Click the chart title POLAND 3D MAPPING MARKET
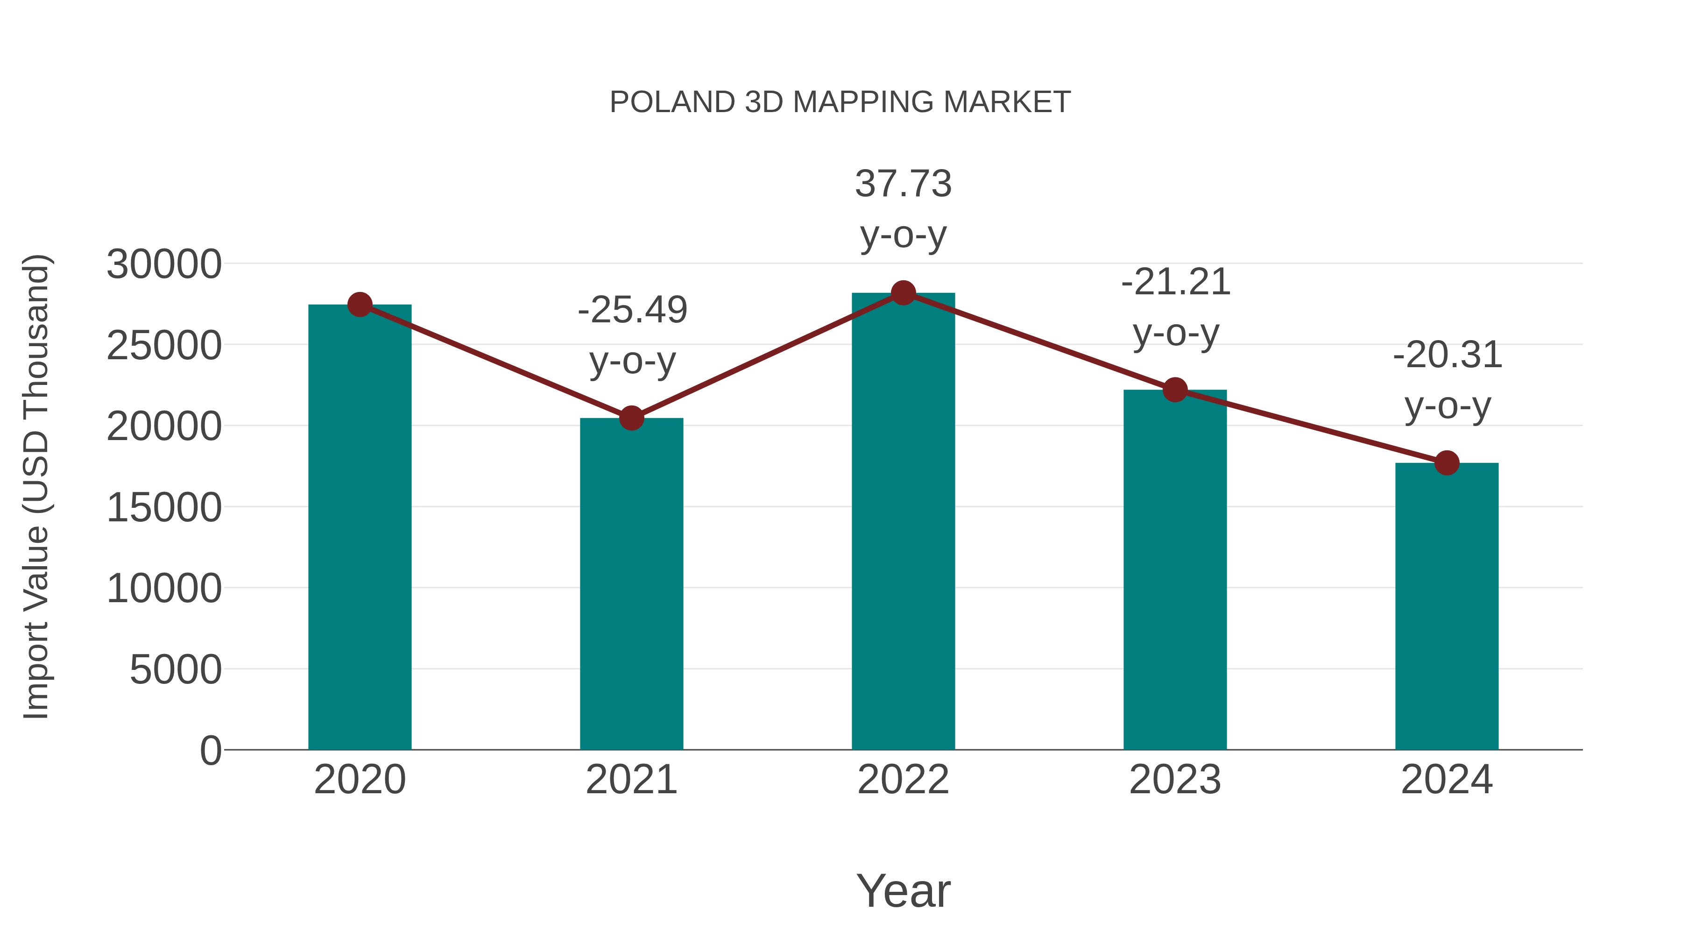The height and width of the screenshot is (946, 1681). (x=840, y=102)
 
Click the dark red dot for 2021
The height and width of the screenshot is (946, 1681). (x=631, y=418)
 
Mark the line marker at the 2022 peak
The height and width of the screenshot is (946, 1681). (x=903, y=293)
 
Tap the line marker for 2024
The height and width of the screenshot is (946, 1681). (x=1447, y=463)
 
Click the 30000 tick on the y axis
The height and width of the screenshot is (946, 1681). (x=164, y=264)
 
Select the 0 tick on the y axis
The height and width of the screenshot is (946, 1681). (x=210, y=750)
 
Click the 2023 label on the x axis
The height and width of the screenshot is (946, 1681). (x=1175, y=780)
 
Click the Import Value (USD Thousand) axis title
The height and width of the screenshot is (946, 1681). (x=36, y=486)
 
